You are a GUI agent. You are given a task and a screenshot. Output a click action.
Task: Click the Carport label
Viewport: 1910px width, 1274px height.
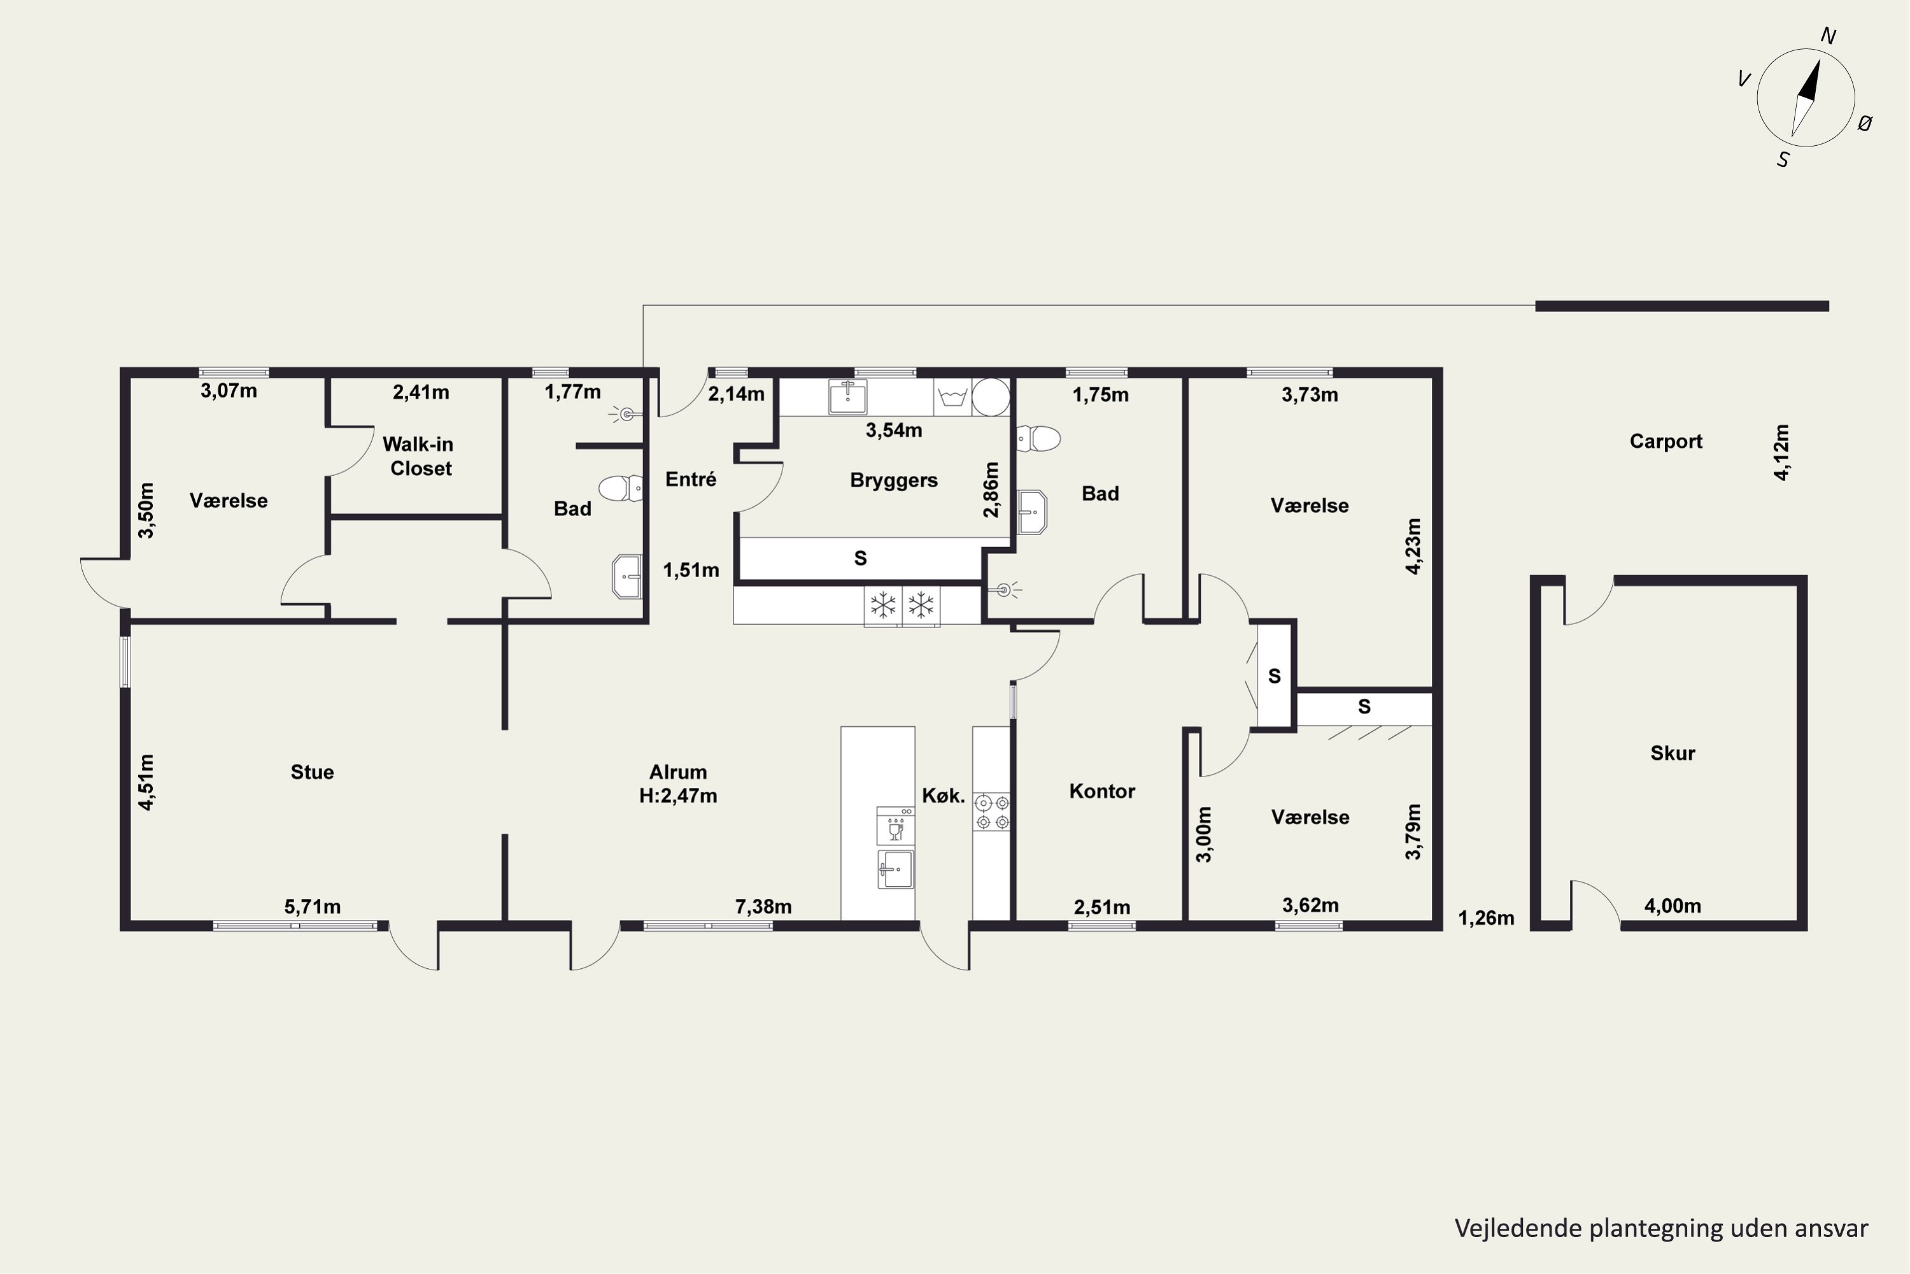[x=1666, y=441]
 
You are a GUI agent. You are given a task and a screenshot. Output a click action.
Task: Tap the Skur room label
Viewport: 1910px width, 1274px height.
[x=1673, y=753]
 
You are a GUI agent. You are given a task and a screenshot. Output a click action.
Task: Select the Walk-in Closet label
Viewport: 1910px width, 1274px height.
[x=418, y=456]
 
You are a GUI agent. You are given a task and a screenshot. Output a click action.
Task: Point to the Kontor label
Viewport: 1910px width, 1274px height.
[x=1102, y=791]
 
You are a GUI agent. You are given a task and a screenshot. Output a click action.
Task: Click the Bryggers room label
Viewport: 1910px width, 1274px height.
[x=894, y=480]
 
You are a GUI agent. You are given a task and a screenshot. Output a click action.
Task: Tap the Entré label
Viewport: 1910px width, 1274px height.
[x=691, y=480]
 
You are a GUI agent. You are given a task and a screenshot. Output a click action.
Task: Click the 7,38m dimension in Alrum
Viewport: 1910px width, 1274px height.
[x=763, y=906]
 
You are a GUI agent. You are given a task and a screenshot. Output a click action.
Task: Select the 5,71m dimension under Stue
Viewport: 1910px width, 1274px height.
[x=313, y=906]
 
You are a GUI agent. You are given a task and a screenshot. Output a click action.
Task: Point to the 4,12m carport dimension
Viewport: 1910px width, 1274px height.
[x=1781, y=452]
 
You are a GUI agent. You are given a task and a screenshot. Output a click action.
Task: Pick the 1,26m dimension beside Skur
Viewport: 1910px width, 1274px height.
[x=1486, y=918]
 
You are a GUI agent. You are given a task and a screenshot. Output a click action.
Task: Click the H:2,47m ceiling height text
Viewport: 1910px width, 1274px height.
[x=678, y=796]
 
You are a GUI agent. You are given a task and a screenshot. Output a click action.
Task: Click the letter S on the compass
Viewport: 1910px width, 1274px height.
[x=1783, y=160]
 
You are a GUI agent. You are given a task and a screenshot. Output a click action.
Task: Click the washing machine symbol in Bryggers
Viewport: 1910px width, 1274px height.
[x=952, y=397]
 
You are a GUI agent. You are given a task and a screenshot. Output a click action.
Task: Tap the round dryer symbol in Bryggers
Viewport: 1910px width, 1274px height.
[x=991, y=397]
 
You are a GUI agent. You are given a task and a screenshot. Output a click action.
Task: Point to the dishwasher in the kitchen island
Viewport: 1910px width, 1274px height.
[x=896, y=826]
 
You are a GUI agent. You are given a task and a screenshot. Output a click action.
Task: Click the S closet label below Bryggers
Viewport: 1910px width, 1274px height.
[x=860, y=558]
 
